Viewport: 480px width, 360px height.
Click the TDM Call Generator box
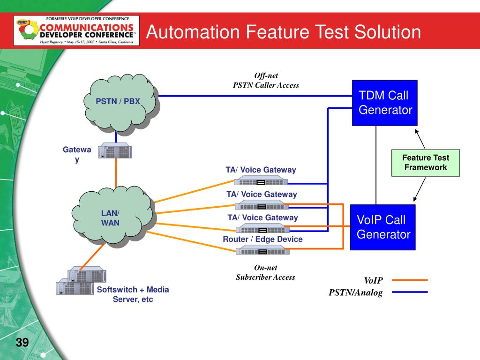(385, 103)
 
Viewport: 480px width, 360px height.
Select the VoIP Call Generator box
(383, 227)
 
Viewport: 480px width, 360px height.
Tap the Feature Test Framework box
(426, 163)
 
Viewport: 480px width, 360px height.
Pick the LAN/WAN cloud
(112, 217)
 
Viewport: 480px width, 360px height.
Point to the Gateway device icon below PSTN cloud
(115, 151)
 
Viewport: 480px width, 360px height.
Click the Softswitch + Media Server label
(133, 294)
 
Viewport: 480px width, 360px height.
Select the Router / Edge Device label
(262, 239)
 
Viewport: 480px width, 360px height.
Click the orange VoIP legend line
(410, 280)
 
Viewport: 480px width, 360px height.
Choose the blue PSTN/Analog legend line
(410, 292)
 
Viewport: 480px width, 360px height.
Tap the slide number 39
(22, 343)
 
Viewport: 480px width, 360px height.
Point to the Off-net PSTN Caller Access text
(266, 80)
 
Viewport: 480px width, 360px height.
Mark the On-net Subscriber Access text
(265, 272)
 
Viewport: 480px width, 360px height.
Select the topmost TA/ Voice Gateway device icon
(262, 182)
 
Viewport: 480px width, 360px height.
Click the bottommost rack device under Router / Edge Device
(262, 251)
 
